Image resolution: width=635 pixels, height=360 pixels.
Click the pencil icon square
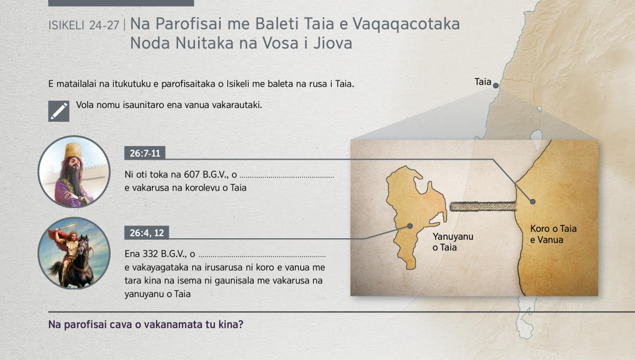point(59,111)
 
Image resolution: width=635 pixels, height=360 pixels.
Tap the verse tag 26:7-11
point(145,153)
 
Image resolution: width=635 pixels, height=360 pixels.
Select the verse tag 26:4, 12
point(147,233)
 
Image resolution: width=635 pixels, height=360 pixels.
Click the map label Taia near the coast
point(483,82)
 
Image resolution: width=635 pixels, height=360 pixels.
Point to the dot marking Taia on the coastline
point(495,85)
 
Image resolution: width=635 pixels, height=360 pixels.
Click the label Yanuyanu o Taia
point(453,242)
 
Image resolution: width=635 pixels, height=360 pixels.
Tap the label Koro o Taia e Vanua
point(554,234)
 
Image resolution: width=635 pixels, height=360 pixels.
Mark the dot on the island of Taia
point(410,226)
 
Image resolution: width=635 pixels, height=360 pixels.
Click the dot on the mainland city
point(533,202)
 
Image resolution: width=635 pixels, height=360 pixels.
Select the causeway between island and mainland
point(483,206)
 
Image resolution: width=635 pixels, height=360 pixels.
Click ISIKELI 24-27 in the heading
point(84,25)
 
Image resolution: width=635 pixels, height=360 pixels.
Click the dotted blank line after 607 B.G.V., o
point(287,177)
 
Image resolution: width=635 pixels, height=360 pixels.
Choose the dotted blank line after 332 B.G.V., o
point(262,257)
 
